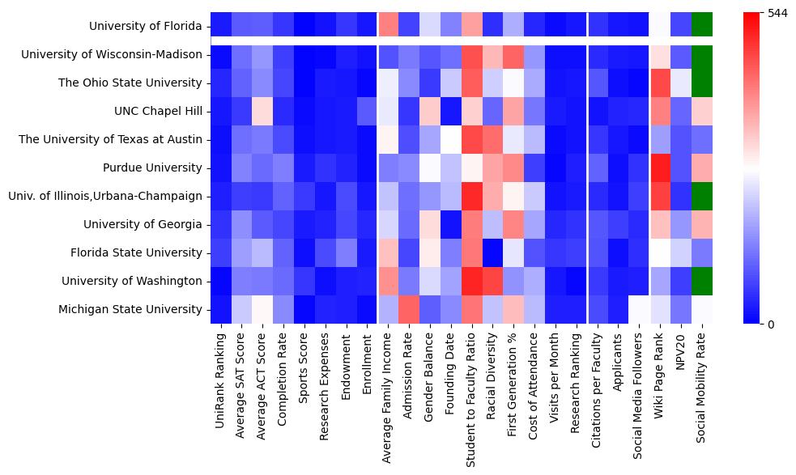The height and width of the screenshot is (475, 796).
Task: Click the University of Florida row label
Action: (146, 26)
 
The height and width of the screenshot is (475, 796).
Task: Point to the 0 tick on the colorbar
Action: (771, 324)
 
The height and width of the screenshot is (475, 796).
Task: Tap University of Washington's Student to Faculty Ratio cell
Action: (471, 281)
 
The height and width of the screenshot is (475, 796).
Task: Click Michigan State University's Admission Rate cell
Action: (408, 309)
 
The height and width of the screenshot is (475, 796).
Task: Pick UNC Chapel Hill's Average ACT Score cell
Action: (262, 111)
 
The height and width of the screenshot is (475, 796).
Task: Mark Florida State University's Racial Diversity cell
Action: (492, 252)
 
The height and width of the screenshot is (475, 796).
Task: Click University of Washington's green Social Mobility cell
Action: (702, 281)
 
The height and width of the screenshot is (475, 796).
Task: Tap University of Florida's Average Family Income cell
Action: (387, 26)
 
